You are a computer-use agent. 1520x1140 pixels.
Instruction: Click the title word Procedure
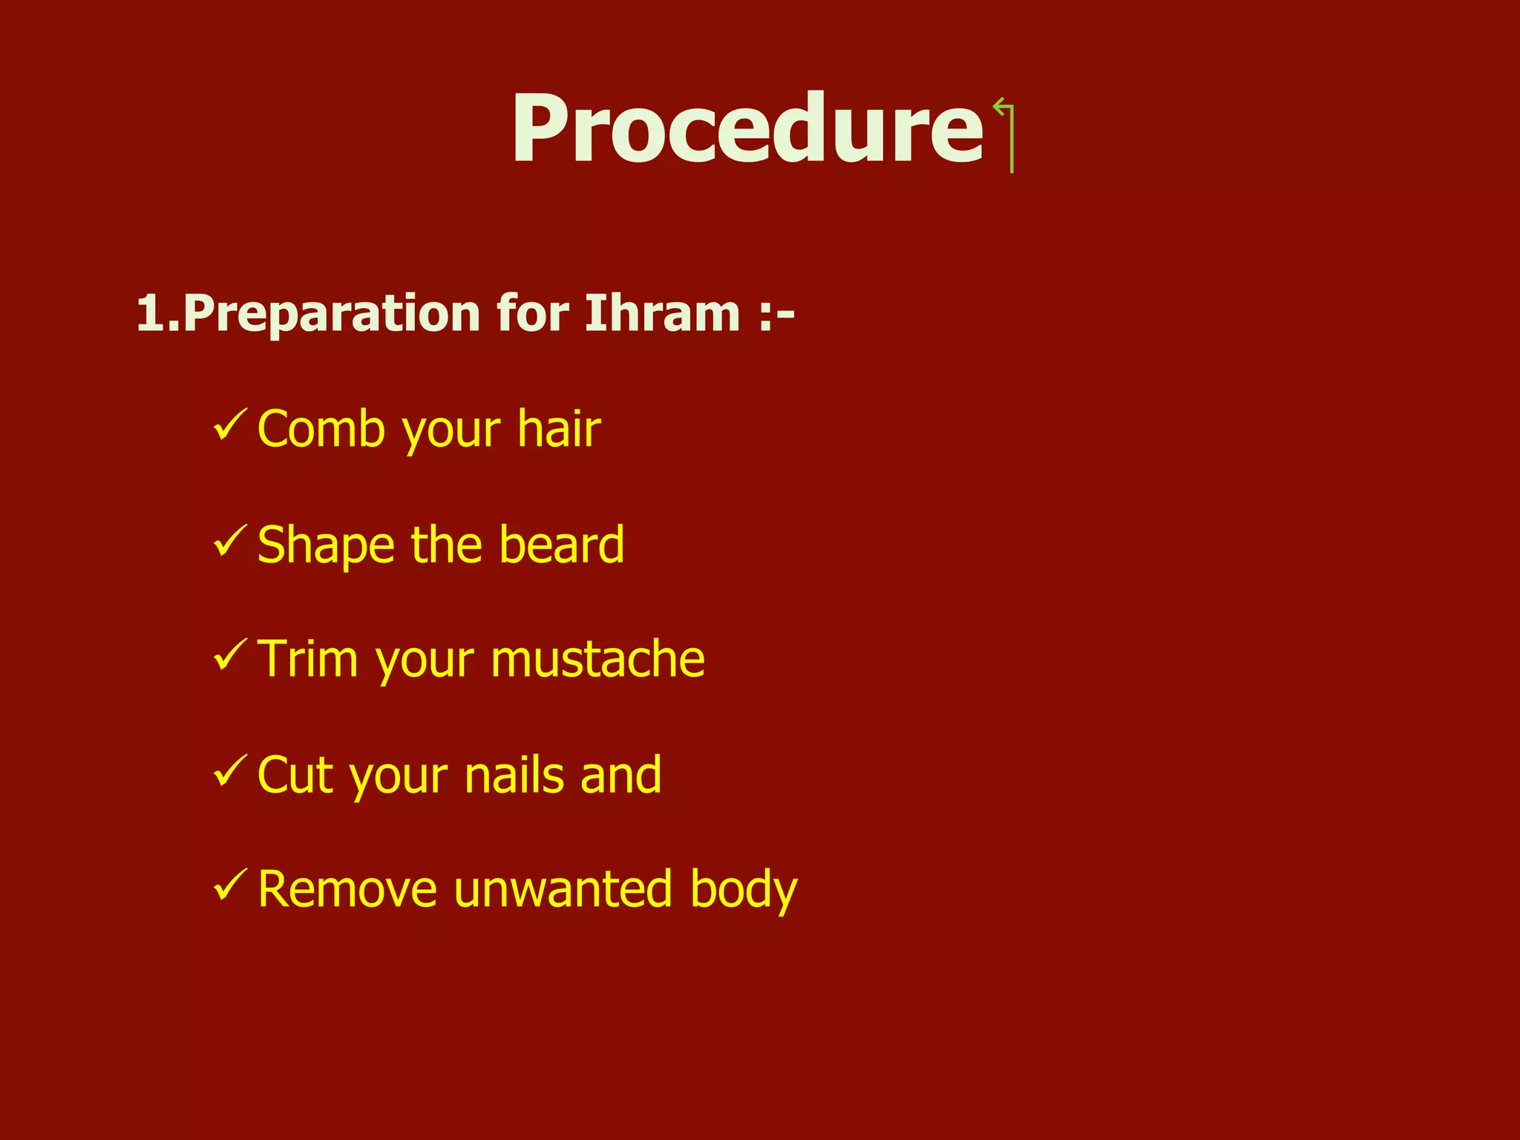click(747, 129)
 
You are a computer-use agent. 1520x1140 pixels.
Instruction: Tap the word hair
click(558, 429)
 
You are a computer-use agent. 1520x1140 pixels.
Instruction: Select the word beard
click(561, 544)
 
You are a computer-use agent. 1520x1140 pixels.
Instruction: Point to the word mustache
click(597, 659)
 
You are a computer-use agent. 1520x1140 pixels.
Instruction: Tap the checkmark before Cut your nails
click(229, 771)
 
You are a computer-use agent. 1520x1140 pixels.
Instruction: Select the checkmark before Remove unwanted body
click(229, 885)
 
